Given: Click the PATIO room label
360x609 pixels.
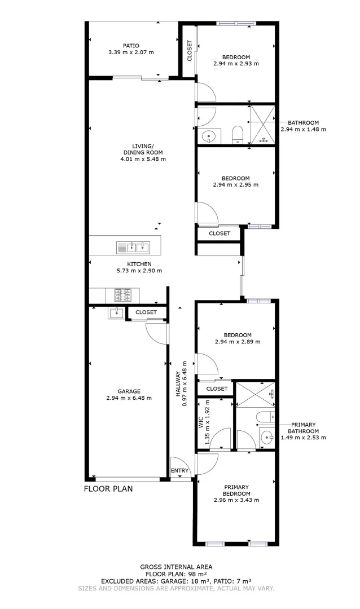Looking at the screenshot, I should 131,46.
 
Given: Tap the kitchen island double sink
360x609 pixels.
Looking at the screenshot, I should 134,246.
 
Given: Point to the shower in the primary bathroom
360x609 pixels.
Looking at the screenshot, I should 254,394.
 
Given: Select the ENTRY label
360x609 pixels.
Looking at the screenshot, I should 181,470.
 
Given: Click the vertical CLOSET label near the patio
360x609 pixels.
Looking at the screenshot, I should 190,50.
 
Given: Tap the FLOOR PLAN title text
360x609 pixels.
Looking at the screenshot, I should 108,489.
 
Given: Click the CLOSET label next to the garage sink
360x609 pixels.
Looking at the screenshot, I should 146,312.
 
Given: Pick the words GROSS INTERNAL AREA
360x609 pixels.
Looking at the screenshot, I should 176,567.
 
